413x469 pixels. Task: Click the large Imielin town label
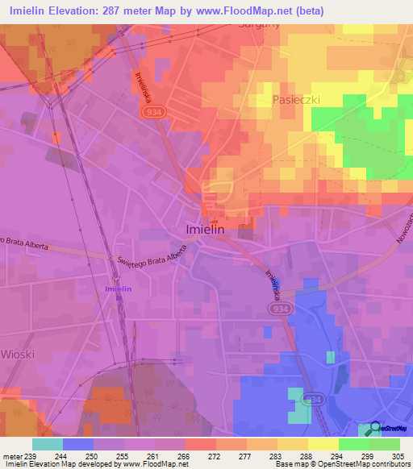[x=205, y=230]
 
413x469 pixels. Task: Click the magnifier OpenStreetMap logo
[x=374, y=429]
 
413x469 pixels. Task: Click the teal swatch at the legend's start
[x=47, y=444]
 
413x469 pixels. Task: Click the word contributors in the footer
[x=390, y=464]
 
